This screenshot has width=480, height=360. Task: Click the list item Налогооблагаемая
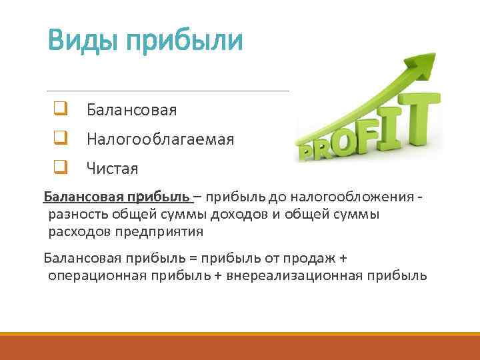pyautogui.click(x=160, y=139)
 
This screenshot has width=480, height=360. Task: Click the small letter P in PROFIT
pyautogui.click(x=307, y=154)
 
